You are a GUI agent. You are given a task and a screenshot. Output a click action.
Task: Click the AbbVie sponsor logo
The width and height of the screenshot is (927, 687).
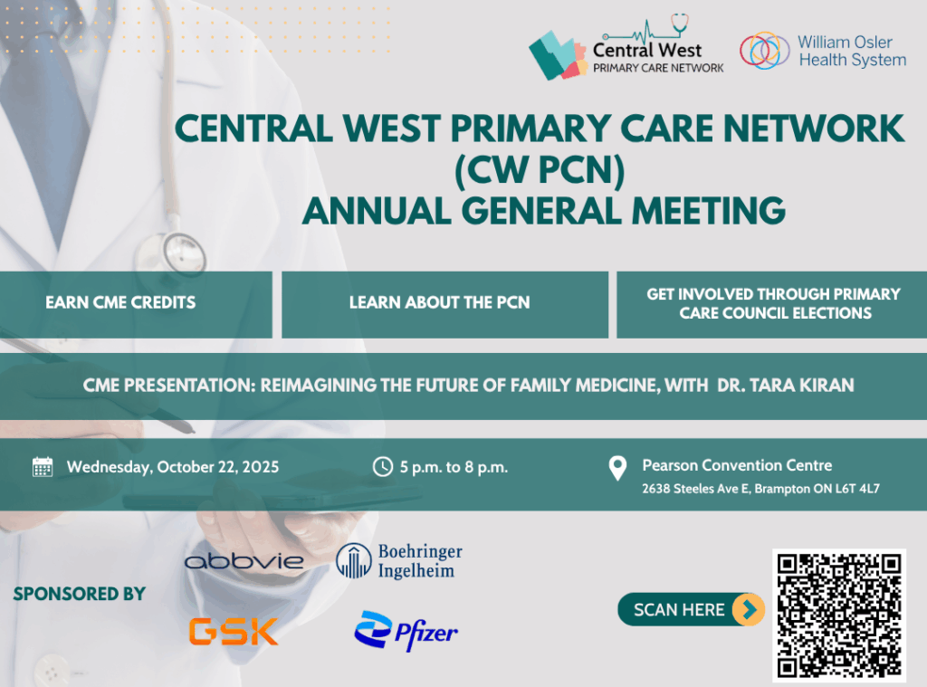(x=244, y=561)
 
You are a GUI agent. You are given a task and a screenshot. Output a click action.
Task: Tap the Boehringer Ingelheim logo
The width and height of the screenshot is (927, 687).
(x=399, y=560)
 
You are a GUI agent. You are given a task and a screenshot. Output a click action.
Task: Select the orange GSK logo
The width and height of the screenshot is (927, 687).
(x=234, y=631)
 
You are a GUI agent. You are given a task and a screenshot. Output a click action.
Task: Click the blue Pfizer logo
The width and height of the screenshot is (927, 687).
(x=406, y=632)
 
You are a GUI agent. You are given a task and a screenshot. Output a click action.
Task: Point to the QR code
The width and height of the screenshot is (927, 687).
(x=839, y=615)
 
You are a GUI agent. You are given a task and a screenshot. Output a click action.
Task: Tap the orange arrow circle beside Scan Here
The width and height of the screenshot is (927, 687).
(x=748, y=609)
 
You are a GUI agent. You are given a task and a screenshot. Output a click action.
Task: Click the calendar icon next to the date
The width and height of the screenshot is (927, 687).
(x=43, y=466)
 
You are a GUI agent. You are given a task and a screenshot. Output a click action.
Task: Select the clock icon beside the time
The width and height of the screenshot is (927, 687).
(x=383, y=466)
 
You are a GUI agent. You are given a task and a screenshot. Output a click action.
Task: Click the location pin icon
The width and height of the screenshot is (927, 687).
(x=617, y=468)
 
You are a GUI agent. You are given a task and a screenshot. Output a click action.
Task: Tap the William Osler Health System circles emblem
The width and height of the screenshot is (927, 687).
(x=764, y=51)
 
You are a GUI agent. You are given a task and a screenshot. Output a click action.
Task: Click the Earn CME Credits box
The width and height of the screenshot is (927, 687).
(x=136, y=304)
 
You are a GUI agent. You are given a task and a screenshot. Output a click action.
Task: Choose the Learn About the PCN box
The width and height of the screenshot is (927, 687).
(x=444, y=304)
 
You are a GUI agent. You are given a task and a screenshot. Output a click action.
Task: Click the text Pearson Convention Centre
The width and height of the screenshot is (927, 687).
(x=737, y=465)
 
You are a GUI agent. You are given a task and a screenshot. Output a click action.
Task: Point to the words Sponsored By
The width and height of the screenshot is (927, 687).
(x=80, y=594)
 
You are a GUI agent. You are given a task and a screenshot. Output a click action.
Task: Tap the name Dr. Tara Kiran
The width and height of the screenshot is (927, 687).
(x=785, y=386)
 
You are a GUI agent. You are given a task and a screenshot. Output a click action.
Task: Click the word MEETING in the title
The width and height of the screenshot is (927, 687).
(x=708, y=211)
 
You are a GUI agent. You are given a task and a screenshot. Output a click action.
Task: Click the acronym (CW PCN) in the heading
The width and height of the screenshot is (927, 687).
(x=540, y=170)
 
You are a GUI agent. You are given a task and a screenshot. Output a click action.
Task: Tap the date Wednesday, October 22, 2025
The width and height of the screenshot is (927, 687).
(x=173, y=467)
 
